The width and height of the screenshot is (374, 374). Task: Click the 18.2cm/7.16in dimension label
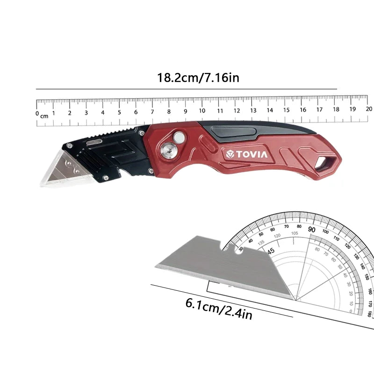point(198,77)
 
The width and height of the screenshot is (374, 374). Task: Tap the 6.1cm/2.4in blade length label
point(219,309)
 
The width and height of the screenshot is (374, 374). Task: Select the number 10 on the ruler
point(202,111)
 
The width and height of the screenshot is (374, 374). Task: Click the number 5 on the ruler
point(119,112)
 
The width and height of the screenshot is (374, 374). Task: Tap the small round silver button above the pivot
point(178,137)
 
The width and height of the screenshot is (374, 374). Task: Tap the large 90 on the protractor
point(312,230)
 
